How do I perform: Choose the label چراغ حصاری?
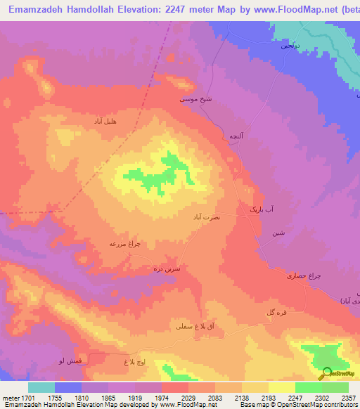[x=284, y=275]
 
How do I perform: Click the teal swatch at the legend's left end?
[x=41, y=387]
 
